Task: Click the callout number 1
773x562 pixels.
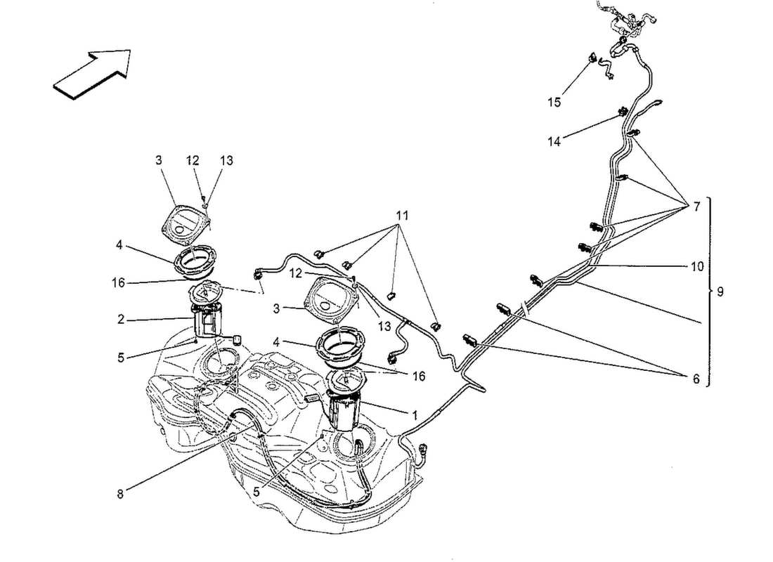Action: point(415,416)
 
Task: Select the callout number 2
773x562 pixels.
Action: point(122,320)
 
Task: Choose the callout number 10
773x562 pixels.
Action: point(696,267)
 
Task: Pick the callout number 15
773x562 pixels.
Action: point(554,103)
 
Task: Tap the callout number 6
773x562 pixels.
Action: point(696,379)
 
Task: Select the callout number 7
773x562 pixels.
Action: point(696,207)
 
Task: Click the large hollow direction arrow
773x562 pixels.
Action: point(93,72)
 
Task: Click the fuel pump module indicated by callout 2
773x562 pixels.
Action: point(209,320)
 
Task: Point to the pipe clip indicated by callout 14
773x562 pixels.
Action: point(622,111)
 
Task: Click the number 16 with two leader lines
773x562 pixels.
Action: point(418,377)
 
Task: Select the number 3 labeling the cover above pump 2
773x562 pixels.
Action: point(159,161)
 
